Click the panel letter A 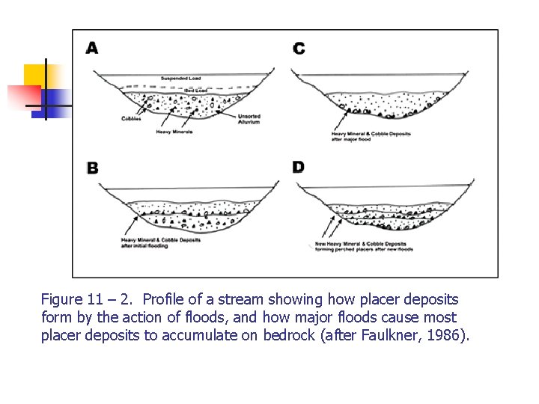[x=92, y=48]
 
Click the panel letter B [x=92, y=168]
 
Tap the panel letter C [x=299, y=49]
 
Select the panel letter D [x=299, y=166]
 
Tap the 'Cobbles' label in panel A [x=132, y=118]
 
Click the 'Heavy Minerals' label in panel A [x=174, y=132]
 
